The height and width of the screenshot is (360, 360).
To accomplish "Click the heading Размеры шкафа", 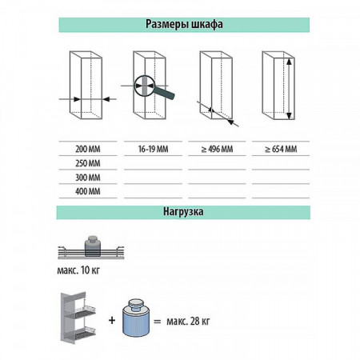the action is click(x=184, y=24).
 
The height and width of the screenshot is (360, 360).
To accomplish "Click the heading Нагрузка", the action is click(x=183, y=212).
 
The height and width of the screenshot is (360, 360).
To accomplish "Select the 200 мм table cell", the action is click(x=88, y=149).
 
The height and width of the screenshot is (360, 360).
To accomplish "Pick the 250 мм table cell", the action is click(x=88, y=163).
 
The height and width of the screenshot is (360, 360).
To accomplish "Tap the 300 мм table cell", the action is click(x=88, y=178).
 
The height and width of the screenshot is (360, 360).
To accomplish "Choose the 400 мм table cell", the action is click(x=88, y=191).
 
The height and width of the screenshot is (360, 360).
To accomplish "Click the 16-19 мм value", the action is click(x=153, y=149).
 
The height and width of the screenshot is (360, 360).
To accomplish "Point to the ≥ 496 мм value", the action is click(x=217, y=149).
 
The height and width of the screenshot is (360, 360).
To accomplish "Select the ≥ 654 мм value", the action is click(x=281, y=149).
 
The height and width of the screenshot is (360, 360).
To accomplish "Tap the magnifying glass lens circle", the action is click(x=134, y=86).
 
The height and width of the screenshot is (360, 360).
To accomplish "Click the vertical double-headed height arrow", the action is click(x=289, y=89).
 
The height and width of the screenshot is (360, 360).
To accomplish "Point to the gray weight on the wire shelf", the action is click(x=93, y=246).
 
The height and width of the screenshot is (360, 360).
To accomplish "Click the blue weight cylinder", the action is click(x=136, y=318).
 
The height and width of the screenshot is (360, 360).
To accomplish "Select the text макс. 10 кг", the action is click(x=78, y=270).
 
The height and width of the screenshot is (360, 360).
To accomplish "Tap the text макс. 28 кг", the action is click(x=188, y=321).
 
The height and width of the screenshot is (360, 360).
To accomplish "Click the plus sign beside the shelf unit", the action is click(x=112, y=320).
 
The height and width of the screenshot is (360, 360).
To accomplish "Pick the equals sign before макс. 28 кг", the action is click(x=158, y=322).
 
